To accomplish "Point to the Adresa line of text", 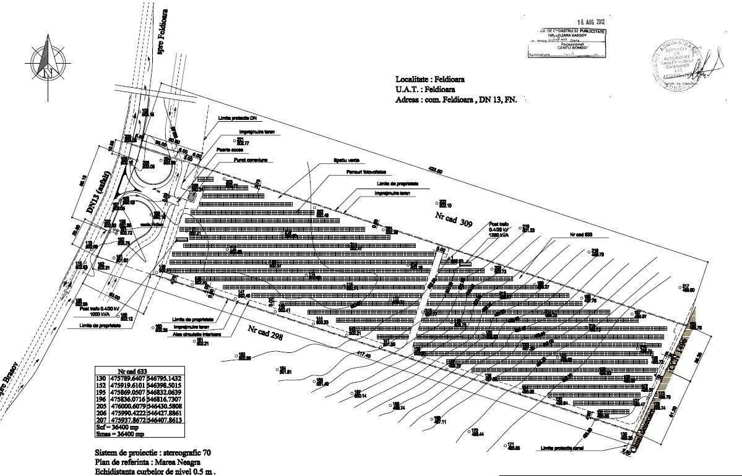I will pos(457,99).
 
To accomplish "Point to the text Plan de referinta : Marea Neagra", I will pos(147,462).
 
